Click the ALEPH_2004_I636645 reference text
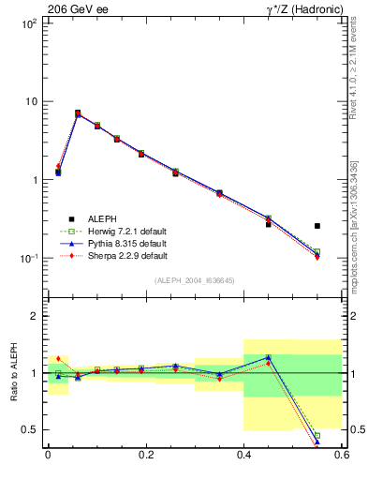point(195,279)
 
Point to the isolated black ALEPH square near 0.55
point(317,226)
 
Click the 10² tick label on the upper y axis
point(29,22)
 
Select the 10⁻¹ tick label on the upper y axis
point(29,258)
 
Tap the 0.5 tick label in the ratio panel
point(30,429)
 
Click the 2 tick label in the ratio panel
point(36,316)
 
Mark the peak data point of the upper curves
point(78,113)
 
